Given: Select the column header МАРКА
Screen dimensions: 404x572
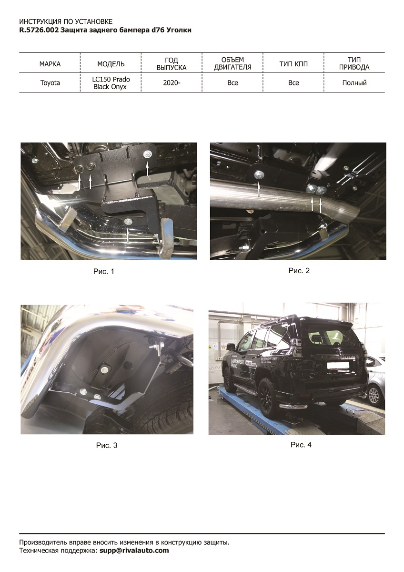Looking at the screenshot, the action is click(50, 64).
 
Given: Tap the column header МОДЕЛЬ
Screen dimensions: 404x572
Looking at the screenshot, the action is click(111, 64).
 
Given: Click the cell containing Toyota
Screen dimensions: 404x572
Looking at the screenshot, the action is click(50, 83).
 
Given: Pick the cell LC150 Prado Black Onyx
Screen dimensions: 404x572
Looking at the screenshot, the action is click(111, 83).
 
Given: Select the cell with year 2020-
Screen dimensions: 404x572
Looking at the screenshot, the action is click(172, 83).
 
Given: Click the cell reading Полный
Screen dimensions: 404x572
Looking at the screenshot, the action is click(354, 83).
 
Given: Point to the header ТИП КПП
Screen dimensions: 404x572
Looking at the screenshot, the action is click(293, 64).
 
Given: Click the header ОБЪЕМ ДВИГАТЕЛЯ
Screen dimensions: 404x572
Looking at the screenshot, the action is click(232, 63).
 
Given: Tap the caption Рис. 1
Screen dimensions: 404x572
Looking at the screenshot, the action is click(103, 271).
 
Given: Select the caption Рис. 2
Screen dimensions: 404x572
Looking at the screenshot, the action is click(299, 271).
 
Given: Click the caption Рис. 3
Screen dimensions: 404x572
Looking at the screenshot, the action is click(106, 446).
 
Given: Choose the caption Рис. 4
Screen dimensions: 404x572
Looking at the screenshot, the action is click(301, 445).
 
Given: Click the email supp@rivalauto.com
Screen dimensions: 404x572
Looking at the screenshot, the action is click(134, 550).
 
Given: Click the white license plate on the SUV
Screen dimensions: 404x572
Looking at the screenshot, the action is click(338, 366).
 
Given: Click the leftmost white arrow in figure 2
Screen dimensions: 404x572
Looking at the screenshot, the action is click(259, 189).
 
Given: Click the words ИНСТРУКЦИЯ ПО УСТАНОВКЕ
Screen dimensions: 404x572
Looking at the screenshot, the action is click(66, 21).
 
